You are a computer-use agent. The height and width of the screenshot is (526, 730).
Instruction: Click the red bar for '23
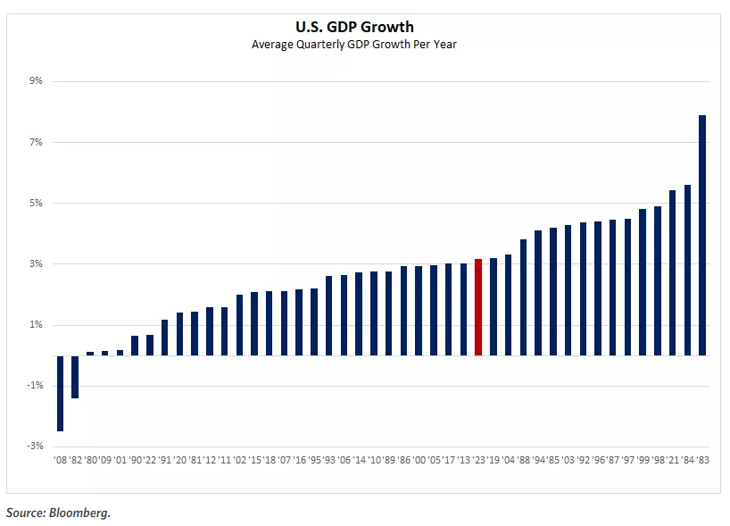point(478,307)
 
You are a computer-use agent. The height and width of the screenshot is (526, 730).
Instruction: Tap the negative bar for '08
point(60,393)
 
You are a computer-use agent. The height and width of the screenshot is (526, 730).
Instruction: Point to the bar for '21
point(672,272)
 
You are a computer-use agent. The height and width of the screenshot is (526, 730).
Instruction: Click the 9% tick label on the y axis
point(36,81)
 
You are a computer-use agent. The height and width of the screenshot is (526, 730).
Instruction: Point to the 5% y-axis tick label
point(36,203)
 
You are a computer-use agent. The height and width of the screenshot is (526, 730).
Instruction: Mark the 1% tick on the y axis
point(36,324)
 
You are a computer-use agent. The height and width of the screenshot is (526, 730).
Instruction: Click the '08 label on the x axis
point(60,460)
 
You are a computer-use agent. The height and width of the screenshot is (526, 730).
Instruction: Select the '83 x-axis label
point(702,460)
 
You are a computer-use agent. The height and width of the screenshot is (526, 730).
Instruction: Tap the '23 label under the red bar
point(478,460)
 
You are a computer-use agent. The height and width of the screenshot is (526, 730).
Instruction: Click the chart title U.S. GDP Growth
point(367,28)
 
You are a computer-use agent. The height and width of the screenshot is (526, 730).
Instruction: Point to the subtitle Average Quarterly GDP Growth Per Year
point(367,45)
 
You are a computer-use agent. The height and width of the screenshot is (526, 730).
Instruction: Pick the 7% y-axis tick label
point(36,142)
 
